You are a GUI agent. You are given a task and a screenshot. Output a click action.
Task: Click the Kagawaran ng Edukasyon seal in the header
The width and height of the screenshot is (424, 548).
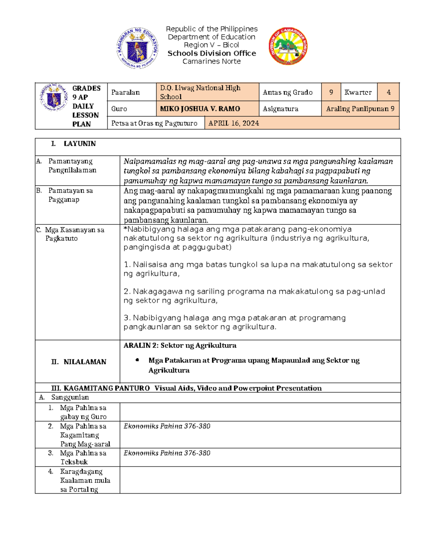[137, 48]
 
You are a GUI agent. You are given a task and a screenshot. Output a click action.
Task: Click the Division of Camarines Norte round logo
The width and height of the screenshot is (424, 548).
[288, 46]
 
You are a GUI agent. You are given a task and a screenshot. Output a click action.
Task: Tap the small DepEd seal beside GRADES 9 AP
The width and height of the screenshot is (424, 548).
[54, 97]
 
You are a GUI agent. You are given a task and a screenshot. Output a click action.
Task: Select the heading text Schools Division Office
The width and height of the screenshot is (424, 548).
[212, 53]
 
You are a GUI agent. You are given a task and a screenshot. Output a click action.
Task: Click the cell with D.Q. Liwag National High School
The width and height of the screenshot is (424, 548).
[207, 92]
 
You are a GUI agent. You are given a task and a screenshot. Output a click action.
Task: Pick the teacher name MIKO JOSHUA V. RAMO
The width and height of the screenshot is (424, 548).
[200, 109]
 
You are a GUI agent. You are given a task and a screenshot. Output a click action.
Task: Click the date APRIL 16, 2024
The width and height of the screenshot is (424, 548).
[234, 123]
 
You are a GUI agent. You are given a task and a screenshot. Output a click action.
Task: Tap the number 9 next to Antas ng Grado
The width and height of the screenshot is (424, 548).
[331, 92]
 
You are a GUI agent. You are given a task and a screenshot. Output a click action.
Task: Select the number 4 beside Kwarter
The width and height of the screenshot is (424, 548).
[388, 92]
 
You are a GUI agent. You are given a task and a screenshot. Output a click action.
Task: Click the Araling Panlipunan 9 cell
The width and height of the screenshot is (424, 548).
[360, 109]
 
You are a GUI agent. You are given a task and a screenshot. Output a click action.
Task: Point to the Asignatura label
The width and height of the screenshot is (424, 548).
[280, 109]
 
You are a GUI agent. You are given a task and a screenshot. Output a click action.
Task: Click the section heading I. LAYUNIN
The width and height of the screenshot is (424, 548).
[73, 144]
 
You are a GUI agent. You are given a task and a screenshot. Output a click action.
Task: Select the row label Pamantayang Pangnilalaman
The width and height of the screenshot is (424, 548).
[72, 165]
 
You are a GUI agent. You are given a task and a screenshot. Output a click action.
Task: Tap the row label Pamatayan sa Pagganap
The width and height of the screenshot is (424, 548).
[70, 195]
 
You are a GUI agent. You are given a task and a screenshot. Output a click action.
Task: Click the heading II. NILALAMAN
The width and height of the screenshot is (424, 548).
[79, 362]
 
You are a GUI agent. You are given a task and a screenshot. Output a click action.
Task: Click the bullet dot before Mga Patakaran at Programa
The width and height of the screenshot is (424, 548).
[137, 360]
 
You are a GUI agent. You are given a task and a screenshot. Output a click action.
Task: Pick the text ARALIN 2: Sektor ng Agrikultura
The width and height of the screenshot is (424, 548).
[180, 345]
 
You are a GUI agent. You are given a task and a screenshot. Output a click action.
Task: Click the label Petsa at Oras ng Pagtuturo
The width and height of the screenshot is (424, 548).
[154, 123]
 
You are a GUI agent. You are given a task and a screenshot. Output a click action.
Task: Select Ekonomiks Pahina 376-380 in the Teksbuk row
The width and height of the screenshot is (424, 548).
[167, 453]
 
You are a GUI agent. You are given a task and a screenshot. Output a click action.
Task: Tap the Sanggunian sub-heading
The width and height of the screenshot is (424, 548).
[70, 397]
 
